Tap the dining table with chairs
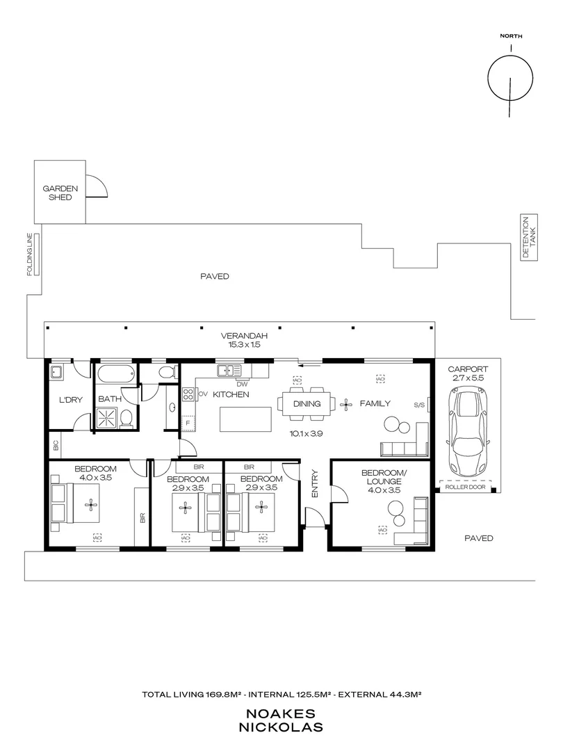click(307, 403)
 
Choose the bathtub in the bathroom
click(115, 374)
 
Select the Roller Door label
click(464, 488)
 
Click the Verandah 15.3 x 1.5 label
click(240, 339)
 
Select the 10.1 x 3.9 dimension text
click(307, 433)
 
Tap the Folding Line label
click(31, 255)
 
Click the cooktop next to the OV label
click(188, 394)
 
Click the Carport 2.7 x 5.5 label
click(468, 374)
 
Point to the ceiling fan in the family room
click(346, 403)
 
